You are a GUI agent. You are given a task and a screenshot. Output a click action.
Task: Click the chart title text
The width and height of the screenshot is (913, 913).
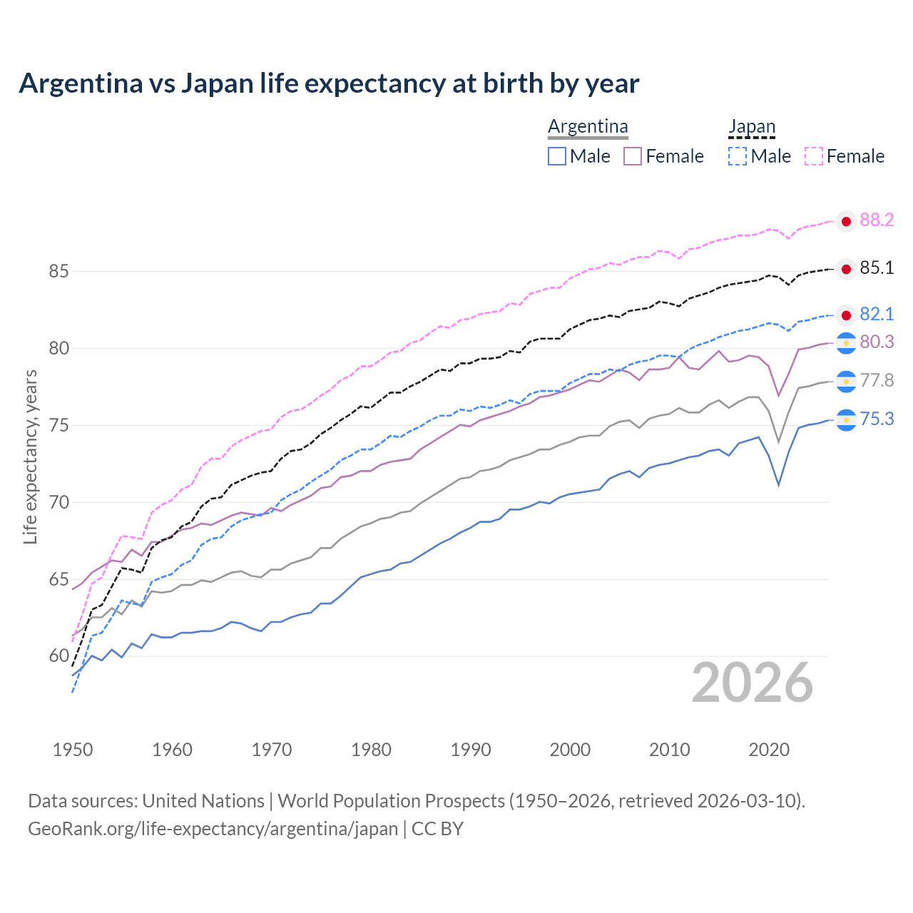click(x=329, y=83)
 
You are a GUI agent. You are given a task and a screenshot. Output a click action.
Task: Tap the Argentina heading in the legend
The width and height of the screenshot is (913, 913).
click(x=588, y=127)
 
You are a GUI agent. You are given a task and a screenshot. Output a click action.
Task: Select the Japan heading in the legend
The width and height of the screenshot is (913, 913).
click(x=751, y=127)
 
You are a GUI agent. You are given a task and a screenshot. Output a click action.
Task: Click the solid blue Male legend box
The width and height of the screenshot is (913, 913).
click(x=557, y=156)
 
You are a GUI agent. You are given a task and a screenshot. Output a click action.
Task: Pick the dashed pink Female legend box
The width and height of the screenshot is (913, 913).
click(x=814, y=156)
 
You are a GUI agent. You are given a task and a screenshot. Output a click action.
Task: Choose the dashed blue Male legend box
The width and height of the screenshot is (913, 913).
click(x=738, y=156)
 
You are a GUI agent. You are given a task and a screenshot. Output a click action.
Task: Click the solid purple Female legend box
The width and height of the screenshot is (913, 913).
click(x=633, y=156)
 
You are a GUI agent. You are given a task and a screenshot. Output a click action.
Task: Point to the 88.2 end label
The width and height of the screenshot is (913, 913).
click(x=877, y=220)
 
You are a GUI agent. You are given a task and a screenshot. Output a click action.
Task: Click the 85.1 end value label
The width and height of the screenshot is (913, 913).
click(x=877, y=268)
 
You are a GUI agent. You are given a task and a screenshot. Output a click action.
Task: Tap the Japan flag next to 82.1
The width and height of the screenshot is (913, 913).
click(x=846, y=315)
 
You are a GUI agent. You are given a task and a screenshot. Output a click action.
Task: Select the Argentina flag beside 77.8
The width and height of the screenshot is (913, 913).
click(x=846, y=382)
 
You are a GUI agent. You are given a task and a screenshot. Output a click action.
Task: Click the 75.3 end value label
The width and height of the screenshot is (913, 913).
click(x=877, y=419)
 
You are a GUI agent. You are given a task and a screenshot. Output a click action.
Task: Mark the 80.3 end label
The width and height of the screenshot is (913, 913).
click(x=877, y=342)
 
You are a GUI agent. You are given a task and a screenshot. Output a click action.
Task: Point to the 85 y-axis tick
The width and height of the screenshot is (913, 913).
click(x=58, y=272)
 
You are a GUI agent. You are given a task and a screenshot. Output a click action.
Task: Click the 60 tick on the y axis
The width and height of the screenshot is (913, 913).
click(x=58, y=656)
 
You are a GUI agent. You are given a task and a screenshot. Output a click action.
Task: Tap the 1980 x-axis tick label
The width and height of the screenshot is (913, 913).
click(x=371, y=750)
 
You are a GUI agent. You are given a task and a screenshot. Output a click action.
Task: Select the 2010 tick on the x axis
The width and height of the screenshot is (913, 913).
click(x=669, y=750)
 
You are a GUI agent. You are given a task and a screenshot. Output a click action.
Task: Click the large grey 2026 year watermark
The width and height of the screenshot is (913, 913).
click(x=752, y=683)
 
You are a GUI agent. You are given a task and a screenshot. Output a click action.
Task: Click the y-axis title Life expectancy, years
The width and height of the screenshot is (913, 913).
click(x=30, y=456)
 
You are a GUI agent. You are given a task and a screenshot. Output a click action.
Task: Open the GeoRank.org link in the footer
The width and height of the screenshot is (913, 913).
click(x=213, y=829)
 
